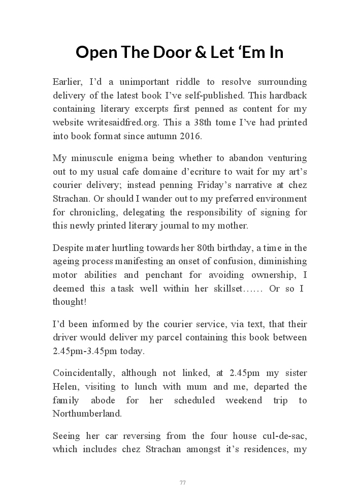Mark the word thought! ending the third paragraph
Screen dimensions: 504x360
click(70, 302)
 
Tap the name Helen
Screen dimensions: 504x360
click(64, 387)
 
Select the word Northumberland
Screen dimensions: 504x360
click(87, 414)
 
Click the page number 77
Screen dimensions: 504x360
click(183, 483)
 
